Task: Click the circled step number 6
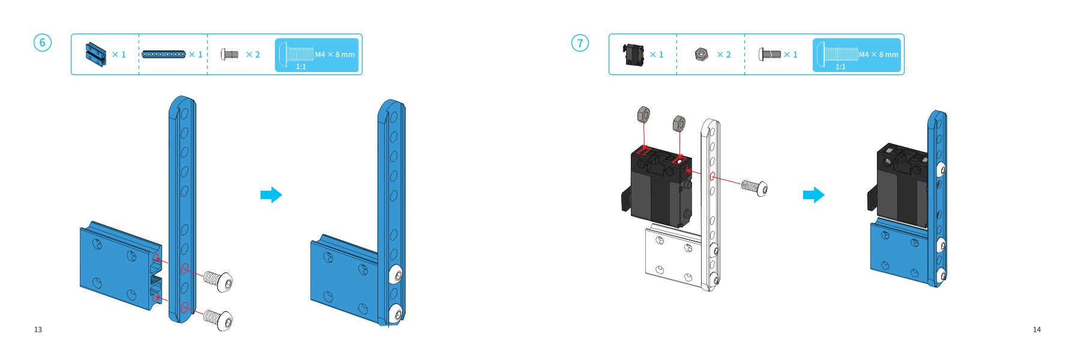(42, 43)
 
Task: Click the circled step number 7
(580, 43)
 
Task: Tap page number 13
(38, 329)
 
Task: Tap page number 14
(1037, 329)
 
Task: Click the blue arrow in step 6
(271, 194)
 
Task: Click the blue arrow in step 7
(814, 194)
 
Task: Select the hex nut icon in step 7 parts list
(701, 55)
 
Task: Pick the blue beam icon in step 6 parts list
(164, 55)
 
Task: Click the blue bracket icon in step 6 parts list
(96, 55)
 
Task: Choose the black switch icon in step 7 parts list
(634, 55)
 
